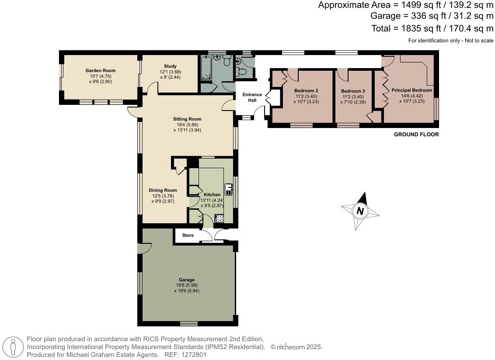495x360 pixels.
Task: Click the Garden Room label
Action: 100,70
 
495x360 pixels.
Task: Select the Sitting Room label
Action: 187,119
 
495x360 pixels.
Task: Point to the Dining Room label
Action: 163,190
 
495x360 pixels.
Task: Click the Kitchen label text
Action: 212,194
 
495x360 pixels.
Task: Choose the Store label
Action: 188,235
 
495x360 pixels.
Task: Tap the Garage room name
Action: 186,280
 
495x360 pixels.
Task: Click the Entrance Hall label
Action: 252,97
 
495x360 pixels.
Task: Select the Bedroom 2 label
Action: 306,91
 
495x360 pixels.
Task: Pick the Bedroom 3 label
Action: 353,91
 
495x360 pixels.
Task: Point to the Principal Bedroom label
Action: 411,90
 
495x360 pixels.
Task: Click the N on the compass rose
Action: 360,211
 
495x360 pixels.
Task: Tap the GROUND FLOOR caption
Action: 416,135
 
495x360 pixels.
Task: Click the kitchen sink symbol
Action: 229,189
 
